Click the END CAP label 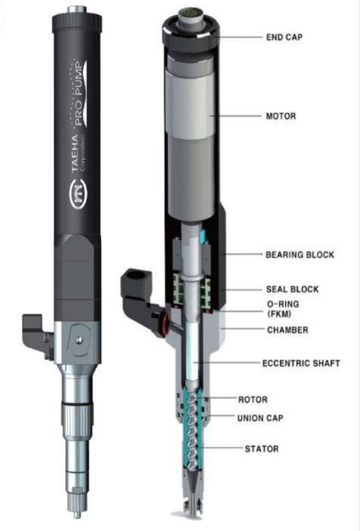coord(284,37)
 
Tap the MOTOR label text coord(280,116)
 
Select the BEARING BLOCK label coord(300,254)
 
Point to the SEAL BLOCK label coord(292,289)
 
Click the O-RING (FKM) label coord(283,309)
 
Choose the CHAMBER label coord(288,330)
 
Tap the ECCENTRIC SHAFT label coord(301,363)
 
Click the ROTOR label coord(252,400)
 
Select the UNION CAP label coord(260,418)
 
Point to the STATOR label coord(262,449)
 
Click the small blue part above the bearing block coord(203,235)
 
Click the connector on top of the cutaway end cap coord(190,20)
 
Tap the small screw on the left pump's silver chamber coord(78,340)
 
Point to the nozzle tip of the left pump coord(77,515)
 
